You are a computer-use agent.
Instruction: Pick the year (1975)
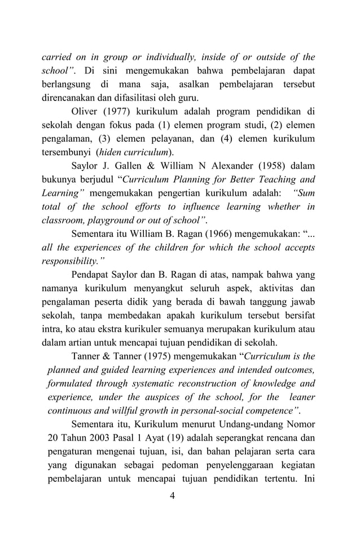153,356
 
